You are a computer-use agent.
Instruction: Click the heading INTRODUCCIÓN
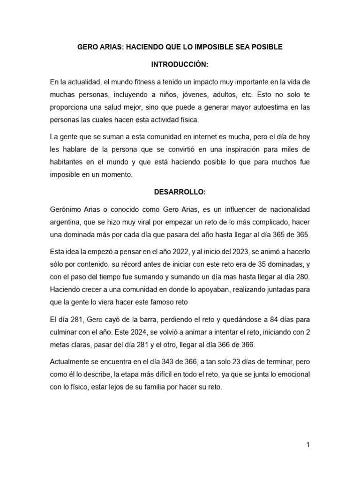coord(180,64)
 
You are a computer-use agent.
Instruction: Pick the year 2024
coord(127,331)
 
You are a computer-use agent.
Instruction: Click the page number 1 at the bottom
coord(308,445)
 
